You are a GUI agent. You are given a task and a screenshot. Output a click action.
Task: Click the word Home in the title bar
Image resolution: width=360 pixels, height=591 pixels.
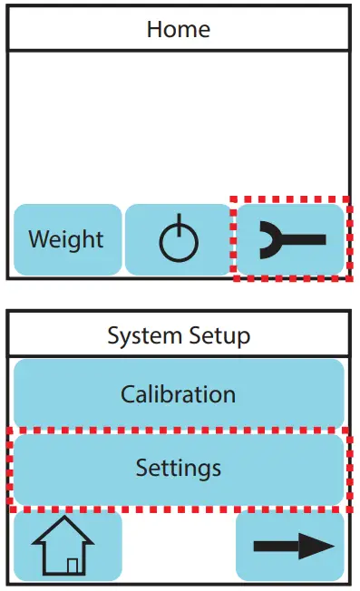[x=180, y=28]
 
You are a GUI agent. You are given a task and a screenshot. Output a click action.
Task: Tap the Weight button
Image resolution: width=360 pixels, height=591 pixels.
[x=67, y=240]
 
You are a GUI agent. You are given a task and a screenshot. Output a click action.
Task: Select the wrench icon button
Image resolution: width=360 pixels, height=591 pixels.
[x=291, y=239]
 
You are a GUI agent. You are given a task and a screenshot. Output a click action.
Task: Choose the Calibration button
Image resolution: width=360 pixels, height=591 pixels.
[x=179, y=394]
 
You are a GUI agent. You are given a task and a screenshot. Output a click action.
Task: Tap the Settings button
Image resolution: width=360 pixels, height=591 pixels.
[x=179, y=468]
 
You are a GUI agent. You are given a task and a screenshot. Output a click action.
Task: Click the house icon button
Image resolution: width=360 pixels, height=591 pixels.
[x=68, y=547]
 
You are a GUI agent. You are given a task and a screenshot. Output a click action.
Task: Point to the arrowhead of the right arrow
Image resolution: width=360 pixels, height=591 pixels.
[x=317, y=546]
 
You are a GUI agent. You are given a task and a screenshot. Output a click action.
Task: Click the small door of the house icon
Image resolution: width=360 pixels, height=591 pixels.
[x=73, y=566]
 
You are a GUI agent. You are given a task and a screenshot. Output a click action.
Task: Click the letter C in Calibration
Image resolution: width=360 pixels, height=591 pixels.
[x=128, y=394]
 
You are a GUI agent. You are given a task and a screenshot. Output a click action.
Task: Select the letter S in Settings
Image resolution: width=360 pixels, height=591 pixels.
[x=141, y=468]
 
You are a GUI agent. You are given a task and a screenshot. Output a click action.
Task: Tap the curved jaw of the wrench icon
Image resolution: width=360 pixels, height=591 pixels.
[x=269, y=239]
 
